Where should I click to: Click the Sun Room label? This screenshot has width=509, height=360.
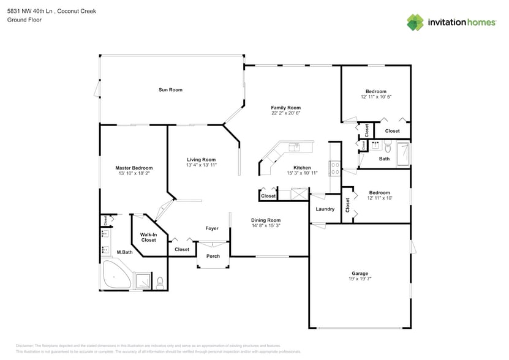pyautogui.click(x=170, y=90)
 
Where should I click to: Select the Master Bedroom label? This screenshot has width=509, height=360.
pyautogui.click(x=134, y=168)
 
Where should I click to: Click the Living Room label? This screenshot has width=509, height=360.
pyautogui.click(x=201, y=160)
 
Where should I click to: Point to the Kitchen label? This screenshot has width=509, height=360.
pyautogui.click(x=301, y=168)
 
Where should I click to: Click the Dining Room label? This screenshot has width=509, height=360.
pyautogui.click(x=266, y=220)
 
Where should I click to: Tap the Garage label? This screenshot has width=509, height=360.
pyautogui.click(x=360, y=273)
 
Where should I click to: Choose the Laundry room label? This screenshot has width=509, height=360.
pyautogui.click(x=325, y=209)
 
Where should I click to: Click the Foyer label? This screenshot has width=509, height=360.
pyautogui.click(x=212, y=228)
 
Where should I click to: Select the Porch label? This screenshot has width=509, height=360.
pyautogui.click(x=213, y=256)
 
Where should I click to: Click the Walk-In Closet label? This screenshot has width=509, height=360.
pyautogui.click(x=148, y=237)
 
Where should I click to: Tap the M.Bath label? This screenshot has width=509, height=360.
pyautogui.click(x=124, y=252)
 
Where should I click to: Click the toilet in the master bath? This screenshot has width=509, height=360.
pyautogui.click(x=160, y=282)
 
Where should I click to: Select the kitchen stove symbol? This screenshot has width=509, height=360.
pyautogui.click(x=335, y=167)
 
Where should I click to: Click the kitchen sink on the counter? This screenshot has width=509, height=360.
pyautogui.click(x=295, y=147)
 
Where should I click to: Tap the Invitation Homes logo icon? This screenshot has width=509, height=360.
pyautogui.click(x=416, y=23)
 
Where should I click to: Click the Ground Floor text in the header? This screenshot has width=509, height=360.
pyautogui.click(x=24, y=20)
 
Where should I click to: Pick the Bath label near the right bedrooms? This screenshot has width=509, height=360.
pyautogui.click(x=384, y=159)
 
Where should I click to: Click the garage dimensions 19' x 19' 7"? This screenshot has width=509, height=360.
pyautogui.click(x=360, y=279)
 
